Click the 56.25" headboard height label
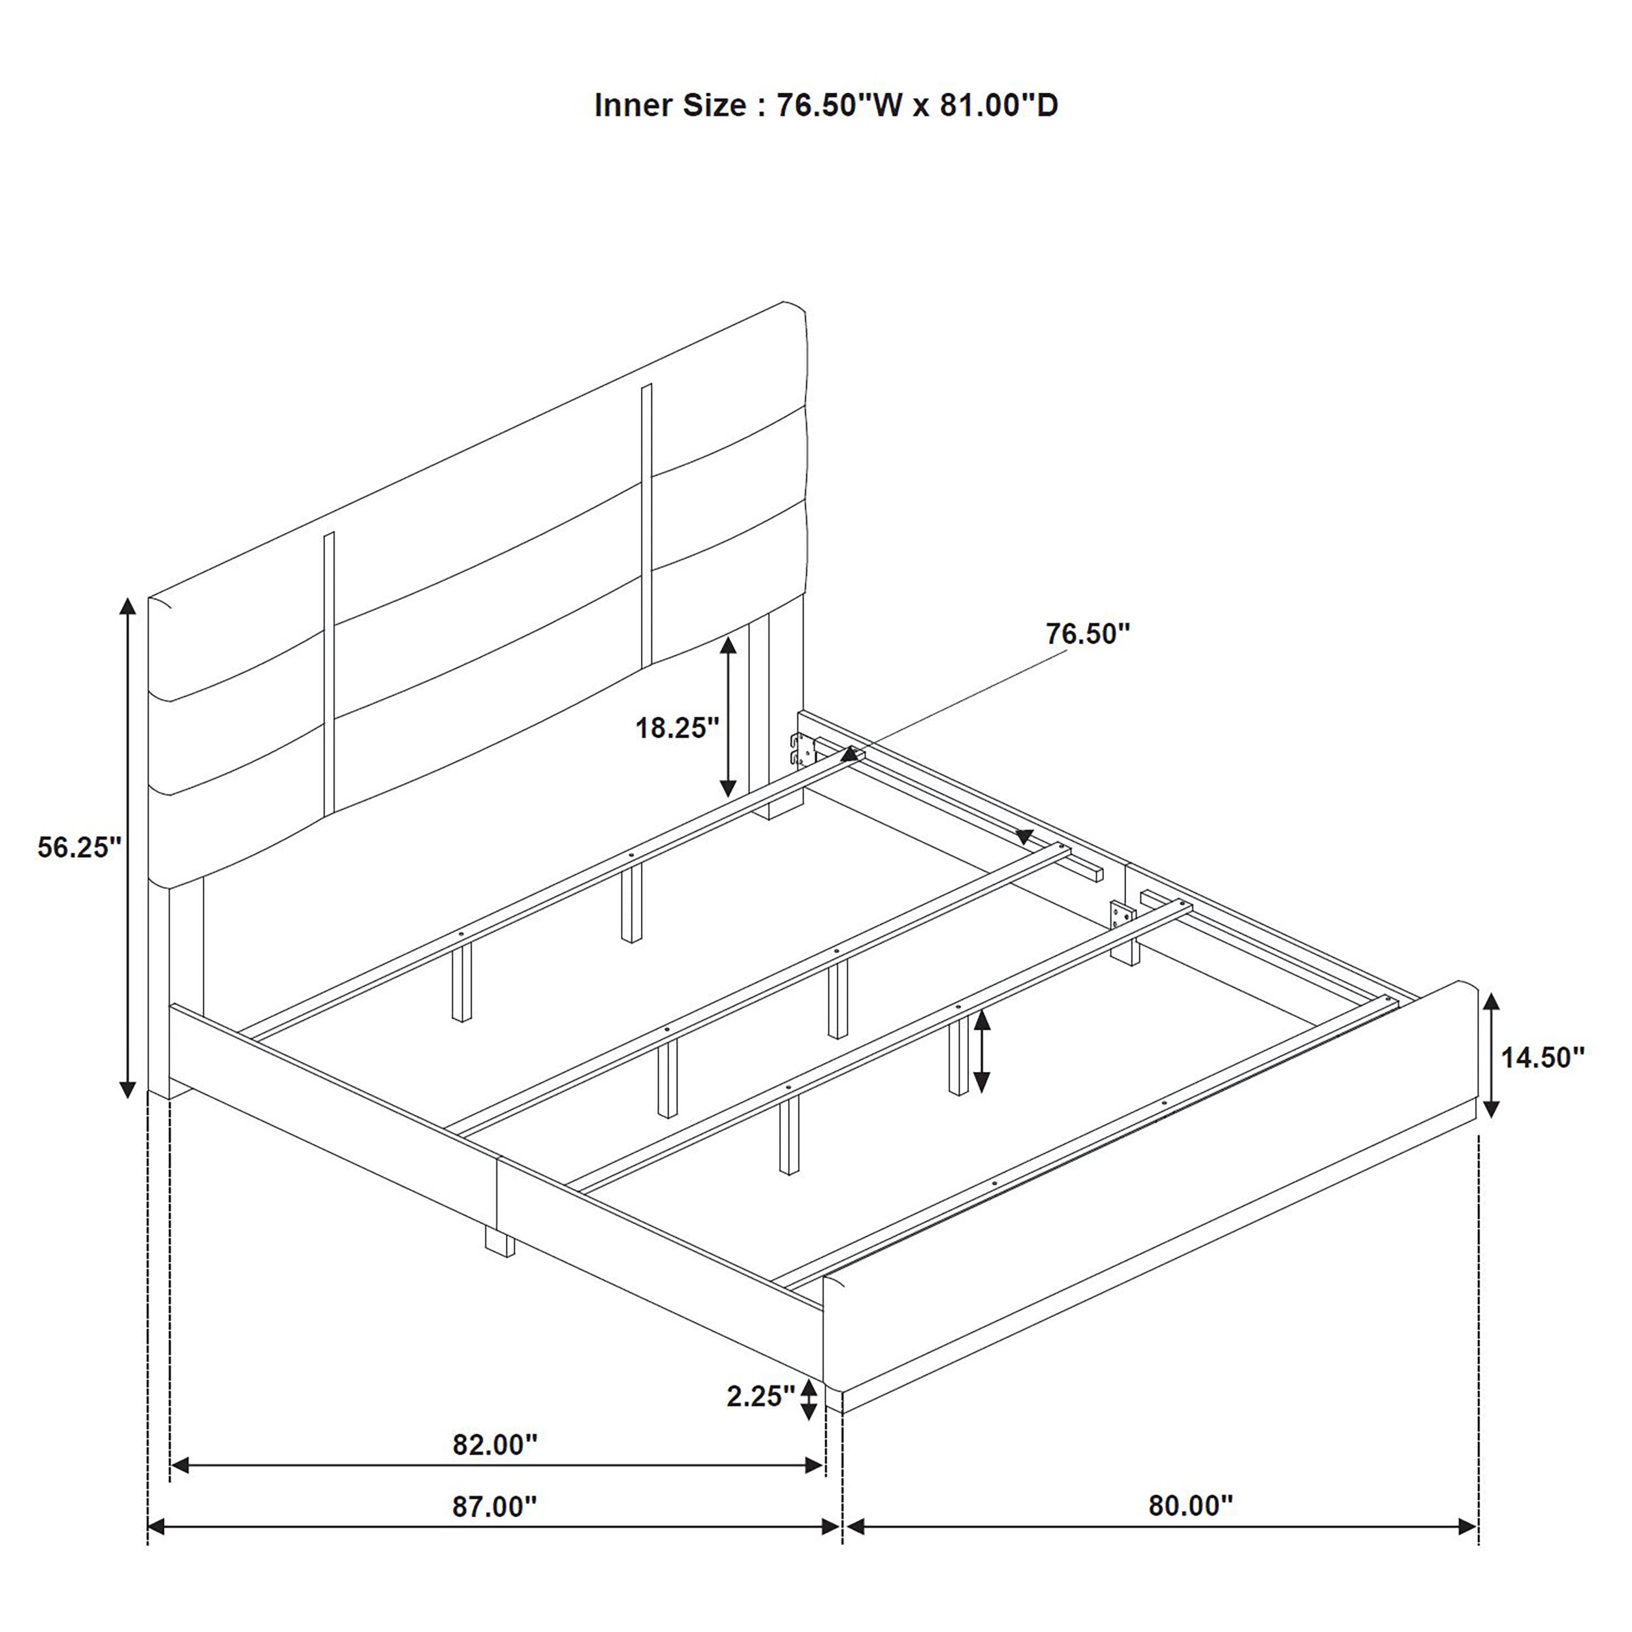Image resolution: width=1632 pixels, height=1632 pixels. click(80, 847)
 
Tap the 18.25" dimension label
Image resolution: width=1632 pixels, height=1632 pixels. click(676, 727)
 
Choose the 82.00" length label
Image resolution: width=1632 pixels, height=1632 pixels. click(495, 1445)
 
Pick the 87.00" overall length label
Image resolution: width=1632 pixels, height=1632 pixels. click(495, 1506)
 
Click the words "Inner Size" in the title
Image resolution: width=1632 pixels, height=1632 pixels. click(670, 106)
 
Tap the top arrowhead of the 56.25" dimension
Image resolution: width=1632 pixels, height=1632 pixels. click(127, 606)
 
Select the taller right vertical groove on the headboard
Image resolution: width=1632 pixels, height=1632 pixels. click(647, 524)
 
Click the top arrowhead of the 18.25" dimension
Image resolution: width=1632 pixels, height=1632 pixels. click(728, 647)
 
